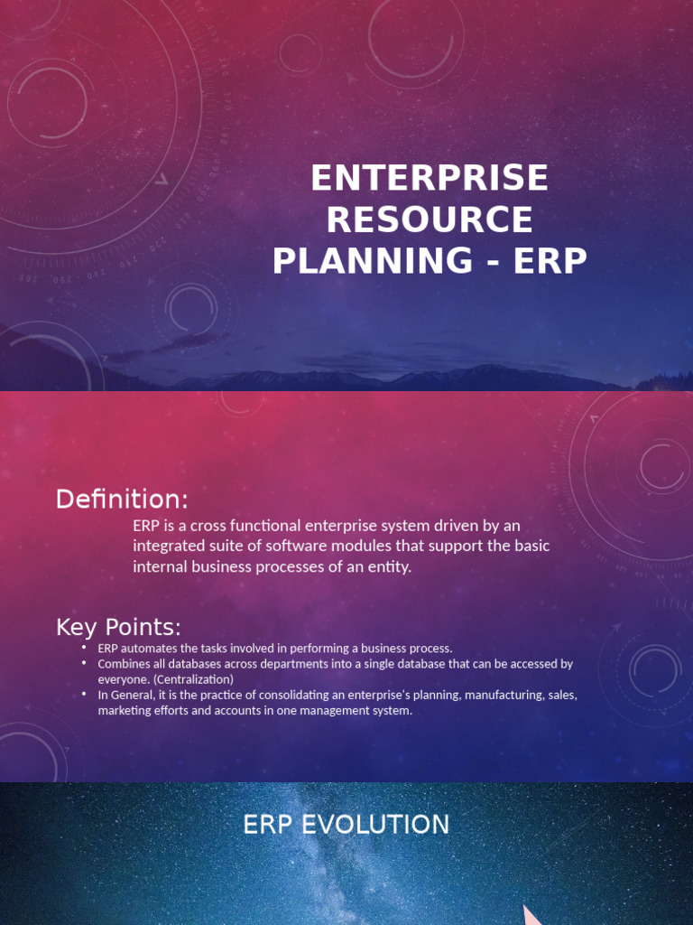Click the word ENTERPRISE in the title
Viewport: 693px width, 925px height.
tap(430, 178)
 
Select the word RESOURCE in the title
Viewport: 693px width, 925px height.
tap(430, 220)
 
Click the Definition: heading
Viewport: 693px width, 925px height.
tap(122, 499)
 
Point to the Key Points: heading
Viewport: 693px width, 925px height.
tap(118, 627)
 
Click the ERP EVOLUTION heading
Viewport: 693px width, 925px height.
tap(346, 825)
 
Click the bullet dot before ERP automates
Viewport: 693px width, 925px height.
tap(83, 648)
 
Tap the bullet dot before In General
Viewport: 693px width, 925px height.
tap(83, 695)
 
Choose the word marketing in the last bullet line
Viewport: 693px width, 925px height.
tap(123, 711)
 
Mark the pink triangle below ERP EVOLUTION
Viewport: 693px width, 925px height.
tap(532, 914)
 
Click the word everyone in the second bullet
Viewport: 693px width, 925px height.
tap(122, 679)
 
